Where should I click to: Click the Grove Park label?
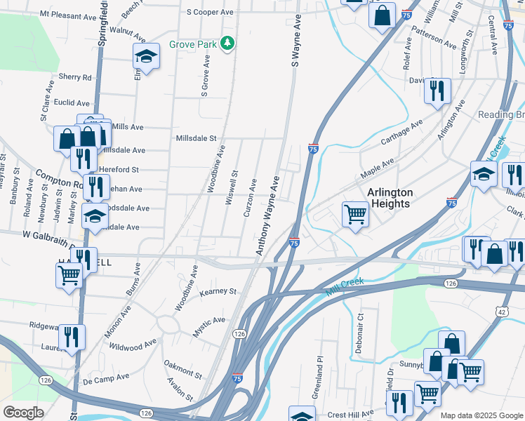click(193, 44)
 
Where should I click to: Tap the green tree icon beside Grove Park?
click(227, 44)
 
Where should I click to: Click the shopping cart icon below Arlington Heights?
click(355, 213)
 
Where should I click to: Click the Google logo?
click(24, 412)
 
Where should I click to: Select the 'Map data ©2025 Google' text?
click(481, 415)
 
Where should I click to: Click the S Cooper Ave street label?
click(210, 13)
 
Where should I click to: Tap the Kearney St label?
click(219, 291)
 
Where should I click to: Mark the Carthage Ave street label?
click(401, 132)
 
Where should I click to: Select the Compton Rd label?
click(55, 180)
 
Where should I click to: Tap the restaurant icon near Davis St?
click(437, 90)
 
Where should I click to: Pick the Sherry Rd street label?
click(75, 77)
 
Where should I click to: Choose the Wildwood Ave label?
click(132, 345)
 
